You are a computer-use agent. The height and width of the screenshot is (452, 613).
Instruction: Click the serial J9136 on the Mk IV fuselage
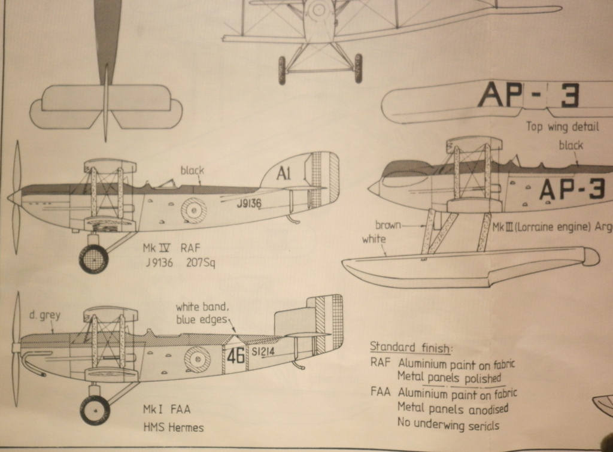(248, 204)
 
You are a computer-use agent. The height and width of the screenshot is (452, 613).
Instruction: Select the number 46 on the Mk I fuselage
(236, 356)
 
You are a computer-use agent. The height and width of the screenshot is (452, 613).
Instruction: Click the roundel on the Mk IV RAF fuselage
(195, 210)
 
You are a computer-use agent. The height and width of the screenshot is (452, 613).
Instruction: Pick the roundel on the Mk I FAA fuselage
(198, 359)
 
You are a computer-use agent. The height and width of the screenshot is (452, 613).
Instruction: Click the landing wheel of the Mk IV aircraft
(94, 259)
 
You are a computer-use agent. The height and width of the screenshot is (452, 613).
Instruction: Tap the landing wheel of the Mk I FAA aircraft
(95, 410)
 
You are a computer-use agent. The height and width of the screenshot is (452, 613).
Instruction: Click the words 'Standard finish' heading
(411, 347)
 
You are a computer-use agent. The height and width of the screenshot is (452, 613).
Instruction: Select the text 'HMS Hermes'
(172, 427)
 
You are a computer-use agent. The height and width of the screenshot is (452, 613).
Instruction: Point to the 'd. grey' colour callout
(44, 315)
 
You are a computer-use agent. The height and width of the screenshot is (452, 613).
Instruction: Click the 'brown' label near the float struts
(387, 225)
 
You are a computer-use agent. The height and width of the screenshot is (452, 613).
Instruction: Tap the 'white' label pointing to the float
(374, 239)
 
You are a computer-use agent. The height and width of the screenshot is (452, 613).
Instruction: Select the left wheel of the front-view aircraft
(282, 70)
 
